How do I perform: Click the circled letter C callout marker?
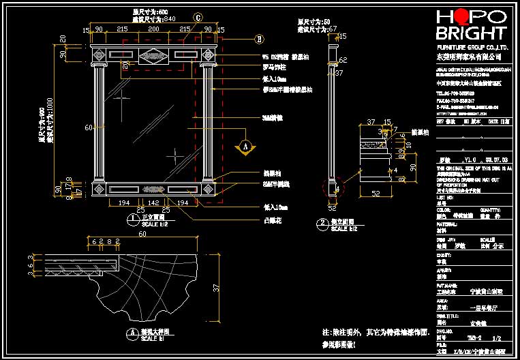(198, 16)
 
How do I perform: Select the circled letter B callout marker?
(260, 38)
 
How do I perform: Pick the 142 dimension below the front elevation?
(155, 203)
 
